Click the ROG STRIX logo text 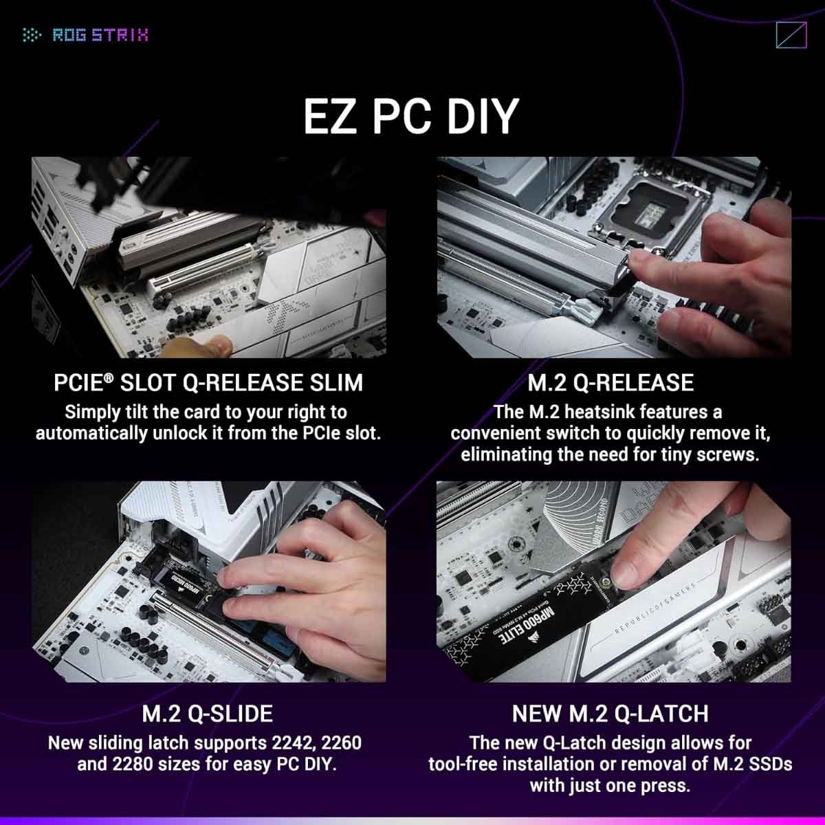(100, 35)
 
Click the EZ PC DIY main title (410, 116)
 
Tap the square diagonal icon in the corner (790, 35)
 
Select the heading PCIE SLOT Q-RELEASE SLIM (208, 383)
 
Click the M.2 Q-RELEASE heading (610, 383)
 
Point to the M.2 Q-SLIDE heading (207, 714)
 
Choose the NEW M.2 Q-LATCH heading (610, 714)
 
